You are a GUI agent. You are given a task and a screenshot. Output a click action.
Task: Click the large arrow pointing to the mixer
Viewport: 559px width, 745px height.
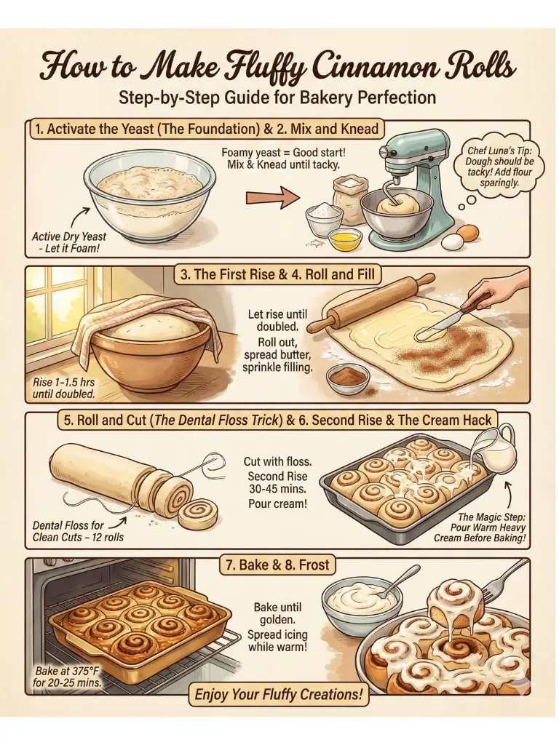click(272, 196)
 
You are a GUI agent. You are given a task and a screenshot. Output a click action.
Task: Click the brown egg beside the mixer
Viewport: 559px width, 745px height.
click(468, 232)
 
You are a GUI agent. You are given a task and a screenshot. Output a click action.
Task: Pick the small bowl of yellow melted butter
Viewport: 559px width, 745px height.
click(344, 237)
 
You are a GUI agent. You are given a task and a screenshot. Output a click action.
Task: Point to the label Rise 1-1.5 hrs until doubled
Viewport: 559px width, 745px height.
click(64, 389)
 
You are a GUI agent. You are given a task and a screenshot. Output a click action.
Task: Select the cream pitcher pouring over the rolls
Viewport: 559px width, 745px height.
click(496, 446)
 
